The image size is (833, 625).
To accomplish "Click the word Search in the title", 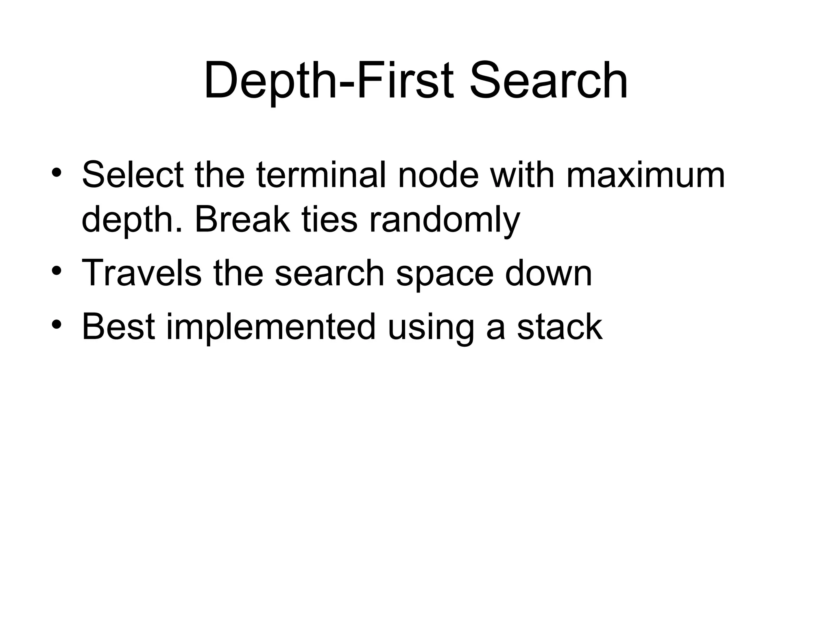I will [548, 80].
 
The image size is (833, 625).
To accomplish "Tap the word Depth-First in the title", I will [329, 80].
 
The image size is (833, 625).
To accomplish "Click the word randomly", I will [444, 220].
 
